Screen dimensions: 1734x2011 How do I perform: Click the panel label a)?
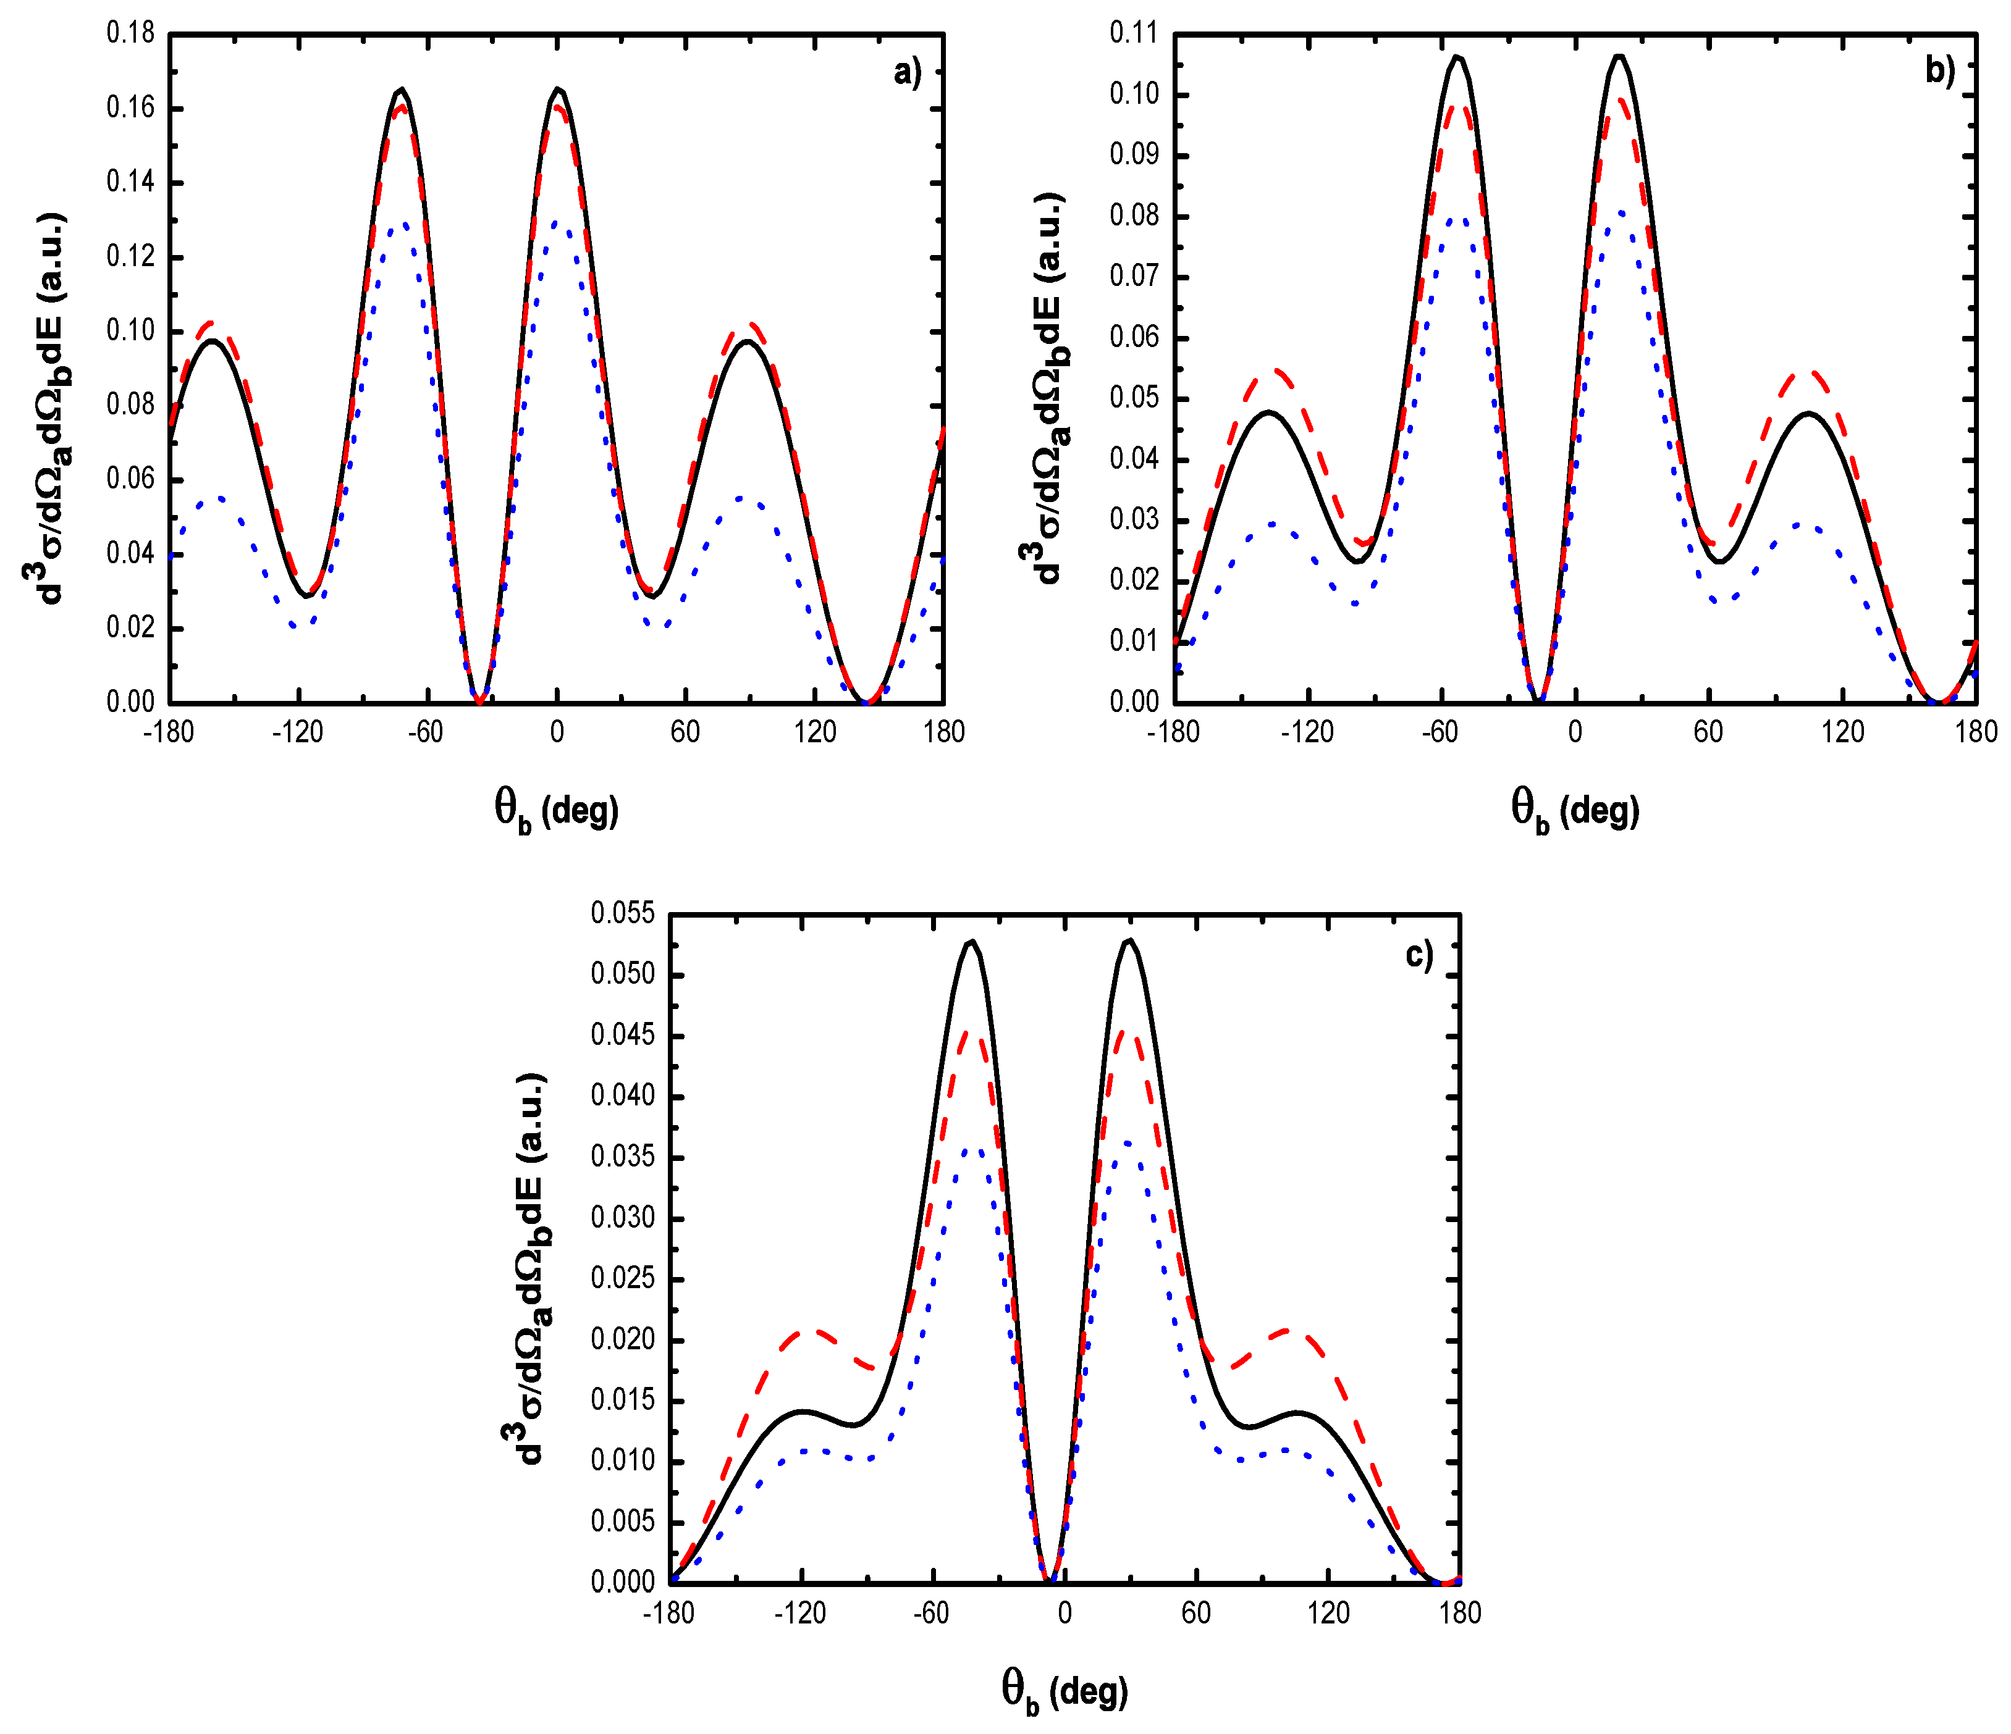click(906, 73)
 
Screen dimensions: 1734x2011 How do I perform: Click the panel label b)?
click(1939, 71)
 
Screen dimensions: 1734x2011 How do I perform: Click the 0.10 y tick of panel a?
click(130, 331)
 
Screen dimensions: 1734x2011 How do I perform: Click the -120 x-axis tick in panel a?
click(297, 732)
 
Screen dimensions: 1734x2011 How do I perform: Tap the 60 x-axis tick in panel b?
click(1708, 732)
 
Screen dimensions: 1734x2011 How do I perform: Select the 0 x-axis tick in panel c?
click(1065, 1613)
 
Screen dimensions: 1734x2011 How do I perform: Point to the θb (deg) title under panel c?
click(1065, 1691)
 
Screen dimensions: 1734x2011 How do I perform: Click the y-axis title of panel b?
click(1043, 388)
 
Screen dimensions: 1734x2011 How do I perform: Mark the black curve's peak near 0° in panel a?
click(558, 90)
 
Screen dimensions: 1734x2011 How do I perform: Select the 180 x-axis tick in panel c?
click(1460, 1613)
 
